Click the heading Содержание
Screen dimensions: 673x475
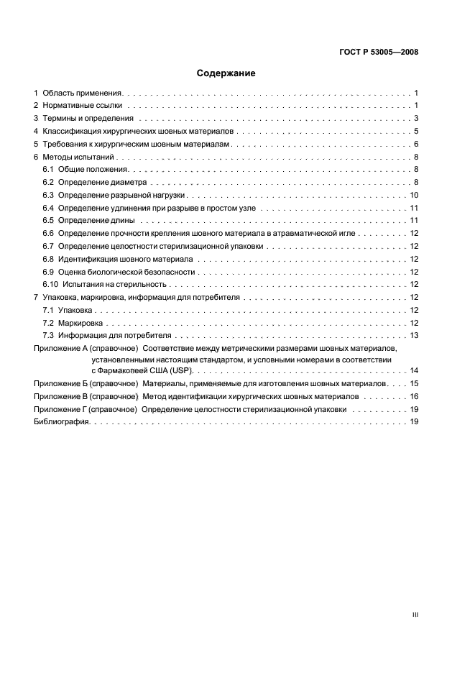[x=226, y=73]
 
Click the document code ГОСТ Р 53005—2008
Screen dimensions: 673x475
[x=379, y=52]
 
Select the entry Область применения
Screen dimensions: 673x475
[x=84, y=93]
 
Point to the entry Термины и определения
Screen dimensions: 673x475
[x=88, y=119]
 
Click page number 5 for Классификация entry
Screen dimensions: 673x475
[x=416, y=132]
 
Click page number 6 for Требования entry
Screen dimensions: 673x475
[x=416, y=145]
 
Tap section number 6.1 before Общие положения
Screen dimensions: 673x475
[x=48, y=170]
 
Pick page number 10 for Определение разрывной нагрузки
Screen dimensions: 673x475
[x=414, y=196]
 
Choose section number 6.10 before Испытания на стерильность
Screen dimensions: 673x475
[x=50, y=284]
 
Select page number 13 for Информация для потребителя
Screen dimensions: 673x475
[x=414, y=336]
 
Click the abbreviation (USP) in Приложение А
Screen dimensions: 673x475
[x=180, y=370]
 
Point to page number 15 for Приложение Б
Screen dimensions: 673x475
[x=414, y=383]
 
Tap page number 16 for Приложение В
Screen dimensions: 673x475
[x=414, y=396]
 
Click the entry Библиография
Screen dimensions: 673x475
[x=62, y=422]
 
